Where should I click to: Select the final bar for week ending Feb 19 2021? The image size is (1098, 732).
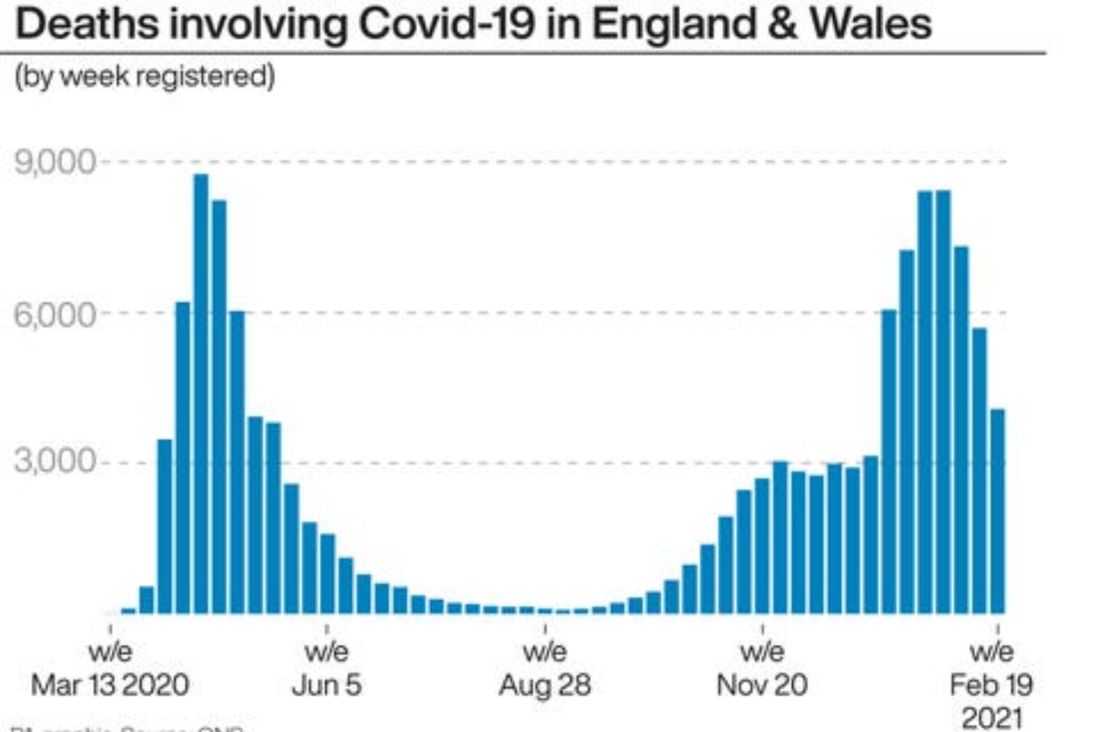[x=997, y=511]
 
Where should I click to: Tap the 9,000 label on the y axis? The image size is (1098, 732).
[x=55, y=162]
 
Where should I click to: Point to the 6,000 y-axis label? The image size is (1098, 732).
[x=55, y=314]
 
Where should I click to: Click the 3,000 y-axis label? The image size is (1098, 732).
[x=55, y=462]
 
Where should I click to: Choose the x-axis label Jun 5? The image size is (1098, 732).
[x=326, y=685]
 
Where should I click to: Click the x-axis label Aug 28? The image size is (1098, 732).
[x=545, y=685]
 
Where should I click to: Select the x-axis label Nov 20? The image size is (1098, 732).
[x=762, y=685]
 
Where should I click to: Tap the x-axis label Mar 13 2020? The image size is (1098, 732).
[x=110, y=685]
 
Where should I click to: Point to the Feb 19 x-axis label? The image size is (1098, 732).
[x=991, y=685]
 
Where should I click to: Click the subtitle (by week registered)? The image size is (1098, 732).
[x=145, y=76]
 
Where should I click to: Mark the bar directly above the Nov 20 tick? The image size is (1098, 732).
[x=762, y=546]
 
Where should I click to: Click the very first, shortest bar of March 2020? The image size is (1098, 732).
[x=128, y=610]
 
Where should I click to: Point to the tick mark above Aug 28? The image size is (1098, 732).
[x=545, y=629]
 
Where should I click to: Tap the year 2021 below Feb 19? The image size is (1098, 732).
[x=991, y=718]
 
